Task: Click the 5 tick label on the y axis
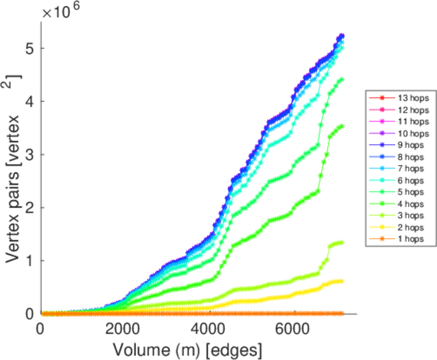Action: (28, 48)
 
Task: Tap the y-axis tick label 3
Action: (28, 154)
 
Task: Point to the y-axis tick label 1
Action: (28, 260)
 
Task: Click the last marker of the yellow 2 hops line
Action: (342, 281)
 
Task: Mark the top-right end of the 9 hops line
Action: (342, 36)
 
